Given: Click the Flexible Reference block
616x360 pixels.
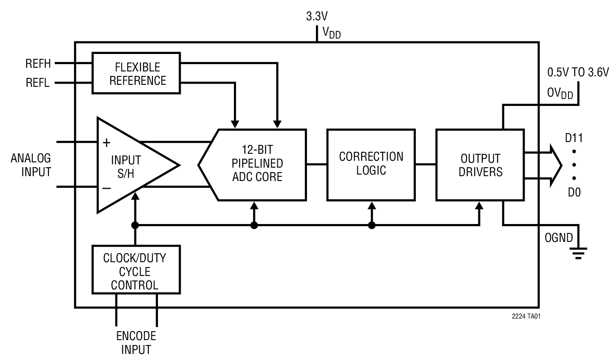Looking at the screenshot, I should pos(136,73).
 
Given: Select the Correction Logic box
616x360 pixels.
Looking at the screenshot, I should pos(371,164).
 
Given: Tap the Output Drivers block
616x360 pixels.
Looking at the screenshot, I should pos(480,164).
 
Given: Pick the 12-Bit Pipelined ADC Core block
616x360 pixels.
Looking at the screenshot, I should pos(257,164).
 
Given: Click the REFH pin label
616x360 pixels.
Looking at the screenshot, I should pos(38,64).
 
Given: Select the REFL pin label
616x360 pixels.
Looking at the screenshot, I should pos(38,83).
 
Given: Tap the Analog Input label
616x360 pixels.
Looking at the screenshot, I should pos(31,165).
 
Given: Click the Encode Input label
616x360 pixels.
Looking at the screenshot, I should pos(136,343).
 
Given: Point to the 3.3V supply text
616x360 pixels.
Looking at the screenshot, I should pos(317,17).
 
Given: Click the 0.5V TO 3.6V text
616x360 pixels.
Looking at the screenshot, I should pos(578,73).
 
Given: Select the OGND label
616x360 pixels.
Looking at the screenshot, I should pos(558,238).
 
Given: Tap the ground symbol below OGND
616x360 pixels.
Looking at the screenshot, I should pos(578,254).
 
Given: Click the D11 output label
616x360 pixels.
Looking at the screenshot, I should pos(574,138).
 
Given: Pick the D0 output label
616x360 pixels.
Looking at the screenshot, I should pos(574,192).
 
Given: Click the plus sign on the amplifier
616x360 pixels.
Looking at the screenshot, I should pos(106,142).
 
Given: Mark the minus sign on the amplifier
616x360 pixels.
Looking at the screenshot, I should pos(106,188).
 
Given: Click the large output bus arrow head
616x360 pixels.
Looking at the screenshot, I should pos(555,166).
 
